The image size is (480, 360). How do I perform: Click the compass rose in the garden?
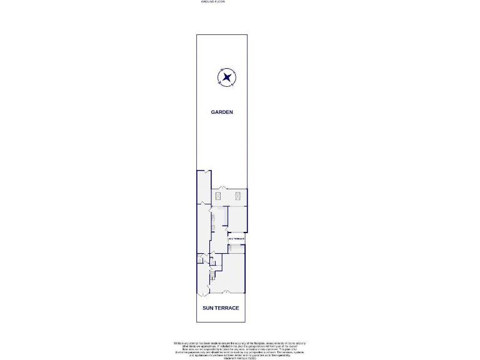pyautogui.click(x=226, y=77)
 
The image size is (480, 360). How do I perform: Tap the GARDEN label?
pyautogui.click(x=221, y=112)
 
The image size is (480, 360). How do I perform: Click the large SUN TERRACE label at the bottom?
pyautogui.click(x=221, y=308)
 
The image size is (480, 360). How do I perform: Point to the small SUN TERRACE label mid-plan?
pyautogui.click(x=236, y=238)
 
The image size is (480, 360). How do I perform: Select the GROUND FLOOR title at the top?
pyautogui.click(x=212, y=2)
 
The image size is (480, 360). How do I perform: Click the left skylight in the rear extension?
pyautogui.click(x=218, y=196)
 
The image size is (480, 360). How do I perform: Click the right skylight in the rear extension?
pyautogui.click(x=238, y=196)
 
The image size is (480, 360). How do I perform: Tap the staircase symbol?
pyautogui.click(x=213, y=276)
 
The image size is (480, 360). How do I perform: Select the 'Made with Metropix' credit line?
pyautogui.click(x=240, y=358)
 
